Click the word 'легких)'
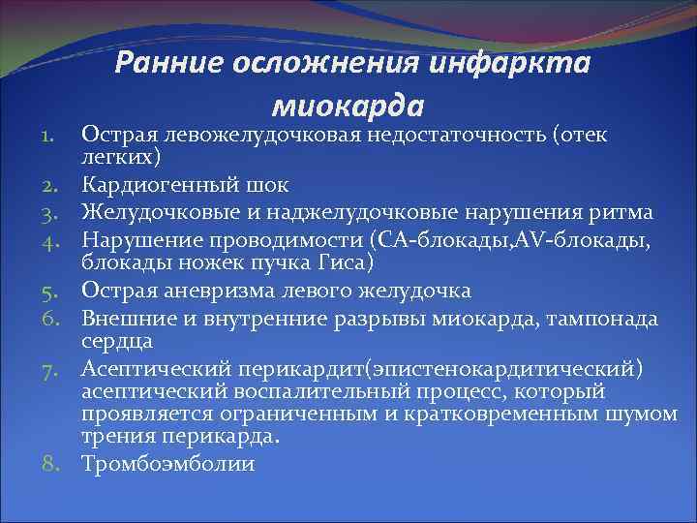pos(121,155)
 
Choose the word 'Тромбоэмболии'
pos(168,464)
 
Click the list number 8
pos(52,464)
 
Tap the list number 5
pos(52,290)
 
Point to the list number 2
pos(52,183)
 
